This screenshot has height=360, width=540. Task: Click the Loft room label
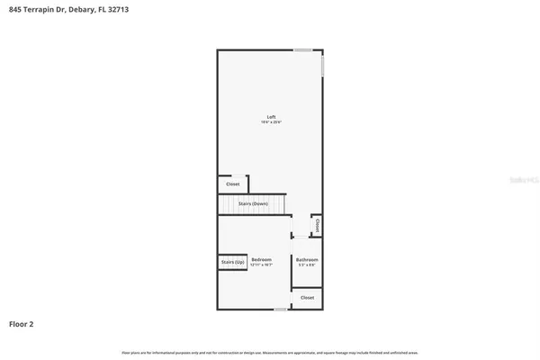point(270,117)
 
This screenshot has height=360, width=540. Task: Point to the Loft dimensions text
point(270,122)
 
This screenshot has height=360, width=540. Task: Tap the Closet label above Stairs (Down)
point(232,184)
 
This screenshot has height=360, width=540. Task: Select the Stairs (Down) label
point(253,204)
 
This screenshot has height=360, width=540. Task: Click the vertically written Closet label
point(317,225)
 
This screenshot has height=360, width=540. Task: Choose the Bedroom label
point(261,259)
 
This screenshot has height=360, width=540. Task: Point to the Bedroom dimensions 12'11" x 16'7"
point(261,265)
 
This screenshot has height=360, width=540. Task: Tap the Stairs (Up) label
point(232,262)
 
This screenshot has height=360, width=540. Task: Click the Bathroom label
point(307,259)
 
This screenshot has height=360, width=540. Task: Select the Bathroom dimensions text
point(307,265)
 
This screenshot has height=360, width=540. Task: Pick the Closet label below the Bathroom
point(307,297)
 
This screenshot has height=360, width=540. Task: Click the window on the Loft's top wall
point(303,49)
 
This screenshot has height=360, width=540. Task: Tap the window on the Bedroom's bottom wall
point(281,310)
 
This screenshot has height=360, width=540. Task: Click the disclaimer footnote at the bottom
point(270,351)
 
